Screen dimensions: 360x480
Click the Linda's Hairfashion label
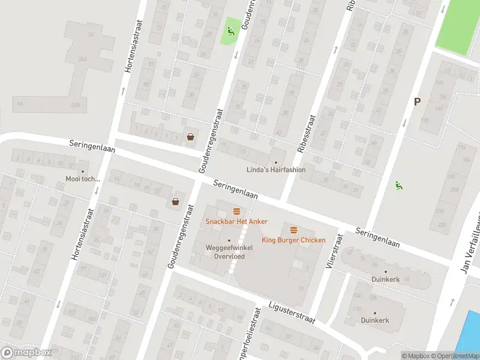click(276, 170)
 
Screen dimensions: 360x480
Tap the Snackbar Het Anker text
click(236, 221)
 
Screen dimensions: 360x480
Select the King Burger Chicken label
click(293, 240)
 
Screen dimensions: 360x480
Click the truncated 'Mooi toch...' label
click(83, 179)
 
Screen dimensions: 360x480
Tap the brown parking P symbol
click(417, 102)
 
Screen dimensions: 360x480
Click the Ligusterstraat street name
click(292, 313)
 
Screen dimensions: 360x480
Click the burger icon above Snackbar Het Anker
click(236, 211)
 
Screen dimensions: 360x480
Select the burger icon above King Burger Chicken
click(293, 230)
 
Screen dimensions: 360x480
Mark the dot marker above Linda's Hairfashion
click(276, 162)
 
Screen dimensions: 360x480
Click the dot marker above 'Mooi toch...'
click(83, 171)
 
